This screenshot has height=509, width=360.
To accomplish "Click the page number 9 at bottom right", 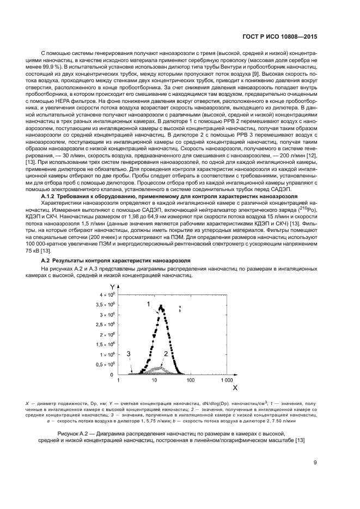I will point(315,463).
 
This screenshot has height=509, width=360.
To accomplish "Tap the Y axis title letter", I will point(112,287).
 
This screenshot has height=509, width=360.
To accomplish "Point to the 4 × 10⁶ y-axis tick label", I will point(107,295).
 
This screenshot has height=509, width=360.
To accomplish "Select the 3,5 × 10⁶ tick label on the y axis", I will point(105,305).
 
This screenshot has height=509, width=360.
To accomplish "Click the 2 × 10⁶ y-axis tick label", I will point(107,335).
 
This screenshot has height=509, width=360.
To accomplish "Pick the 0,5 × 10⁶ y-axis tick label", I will point(105,365).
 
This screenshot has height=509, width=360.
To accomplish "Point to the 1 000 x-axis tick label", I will point(227,381).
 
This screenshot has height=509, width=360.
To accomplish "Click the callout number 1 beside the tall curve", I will point(148,303).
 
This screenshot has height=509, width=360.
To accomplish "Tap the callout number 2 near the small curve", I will point(165,354).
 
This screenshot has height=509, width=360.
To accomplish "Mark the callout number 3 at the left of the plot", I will point(129,354).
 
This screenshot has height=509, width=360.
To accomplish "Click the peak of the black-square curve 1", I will point(161,306).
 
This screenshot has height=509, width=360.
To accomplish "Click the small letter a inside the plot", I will point(180,306).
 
